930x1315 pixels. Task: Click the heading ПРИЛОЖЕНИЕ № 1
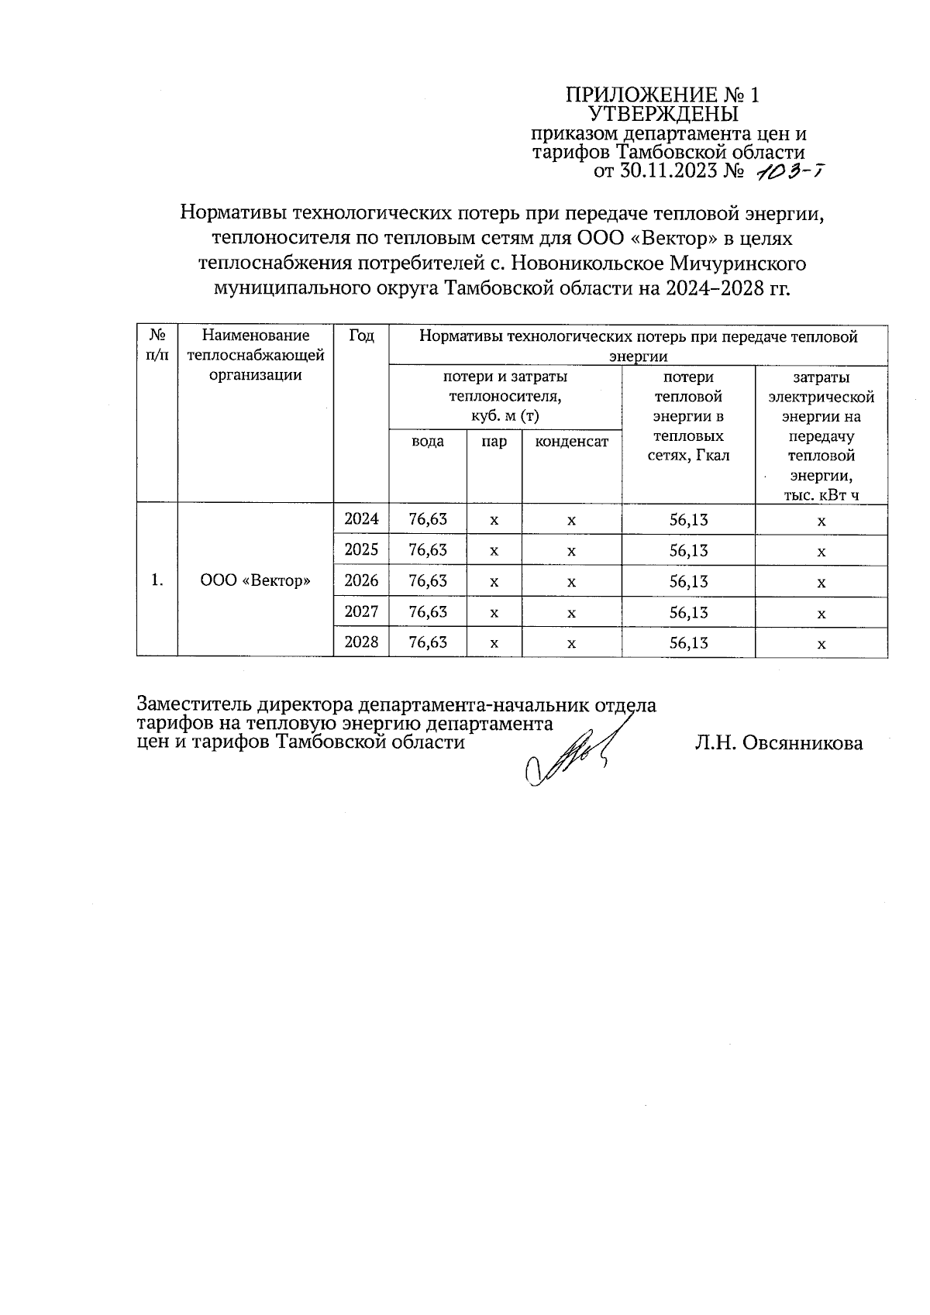click(x=663, y=95)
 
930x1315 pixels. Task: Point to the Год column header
click(x=361, y=336)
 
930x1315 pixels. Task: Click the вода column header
click(x=428, y=442)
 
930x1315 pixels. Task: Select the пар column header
click(x=494, y=442)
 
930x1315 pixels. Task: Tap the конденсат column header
click(x=572, y=442)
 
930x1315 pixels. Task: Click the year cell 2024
click(x=361, y=519)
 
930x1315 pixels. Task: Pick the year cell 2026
click(x=361, y=580)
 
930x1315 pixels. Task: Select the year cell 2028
click(x=361, y=642)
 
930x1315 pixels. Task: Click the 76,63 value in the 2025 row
click(x=428, y=550)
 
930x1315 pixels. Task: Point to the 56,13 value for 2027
click(x=688, y=612)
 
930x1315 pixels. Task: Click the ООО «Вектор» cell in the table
click(x=256, y=580)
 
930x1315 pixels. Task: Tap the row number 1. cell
click(x=157, y=580)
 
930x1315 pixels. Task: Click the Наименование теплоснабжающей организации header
click(x=256, y=356)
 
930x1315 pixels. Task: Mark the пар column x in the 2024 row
click(x=494, y=520)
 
